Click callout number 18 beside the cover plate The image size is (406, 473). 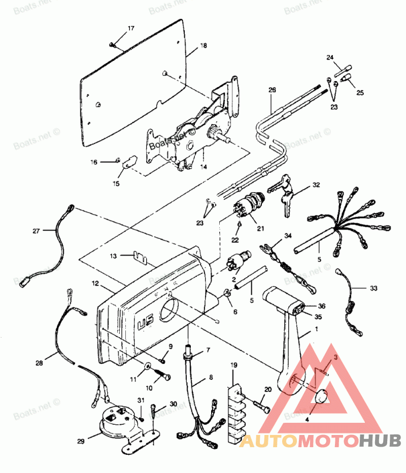click(x=203, y=46)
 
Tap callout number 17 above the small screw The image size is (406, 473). click(x=131, y=28)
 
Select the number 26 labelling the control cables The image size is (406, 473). click(x=272, y=90)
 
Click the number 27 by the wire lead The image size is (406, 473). click(x=36, y=231)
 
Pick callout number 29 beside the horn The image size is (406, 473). click(x=80, y=442)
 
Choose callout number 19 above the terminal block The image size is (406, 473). click(x=234, y=365)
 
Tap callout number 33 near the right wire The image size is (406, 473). click(x=374, y=288)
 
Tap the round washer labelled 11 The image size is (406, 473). click(x=148, y=367)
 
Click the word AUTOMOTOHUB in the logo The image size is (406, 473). click(x=320, y=440)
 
